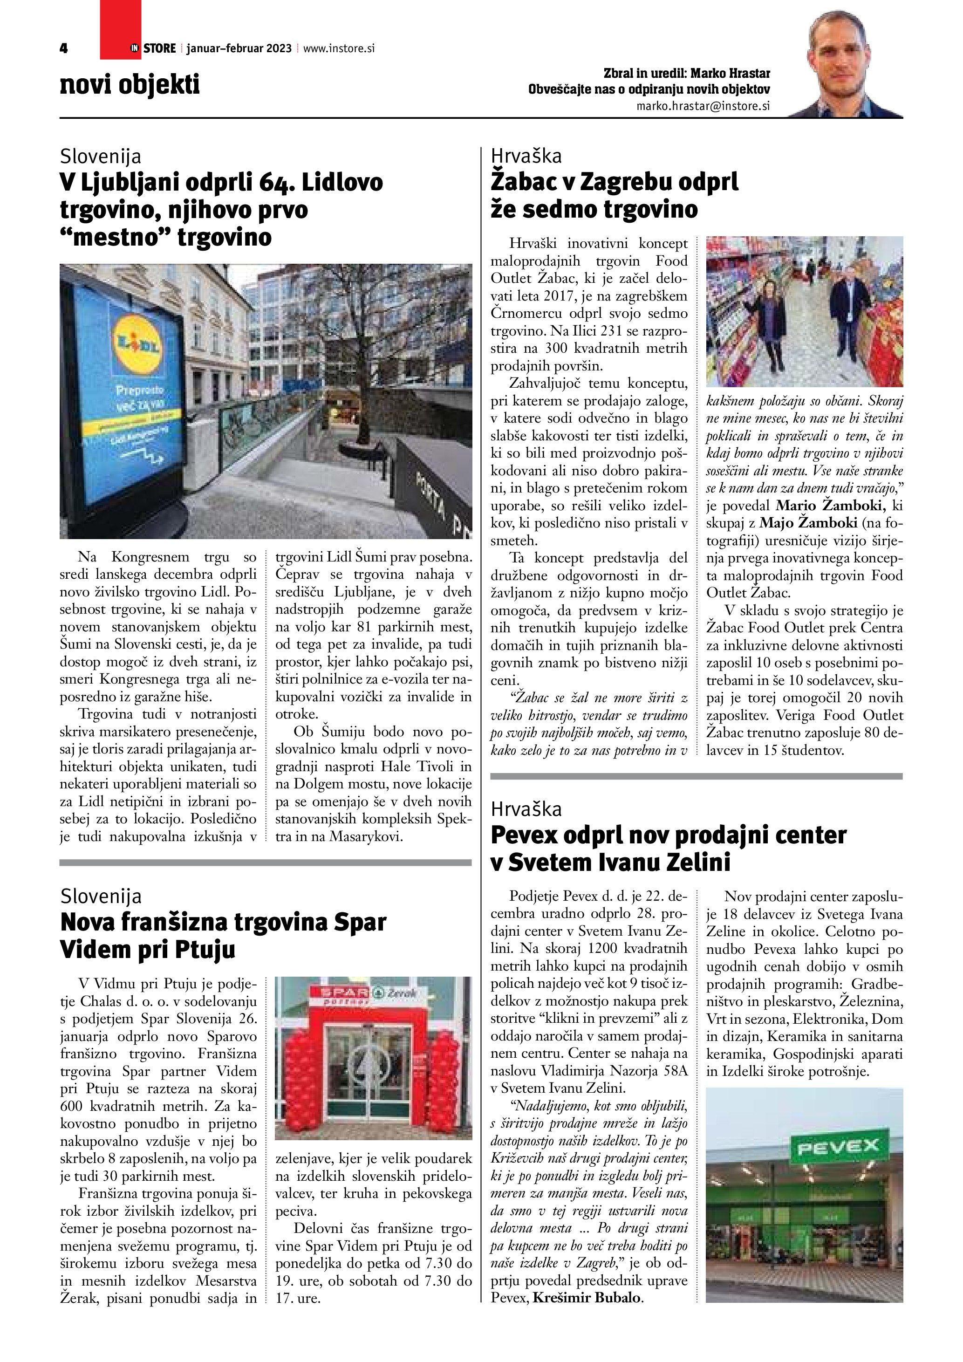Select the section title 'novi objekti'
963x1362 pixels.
click(x=129, y=84)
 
